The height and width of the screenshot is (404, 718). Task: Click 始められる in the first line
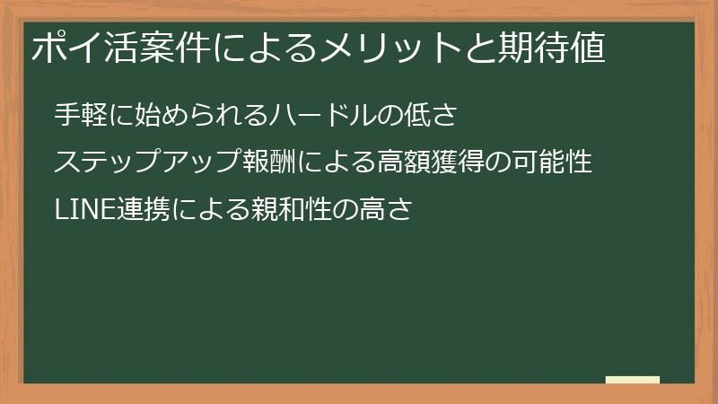183,115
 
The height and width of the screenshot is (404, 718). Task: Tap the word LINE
83,210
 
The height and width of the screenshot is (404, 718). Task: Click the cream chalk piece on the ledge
633,380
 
